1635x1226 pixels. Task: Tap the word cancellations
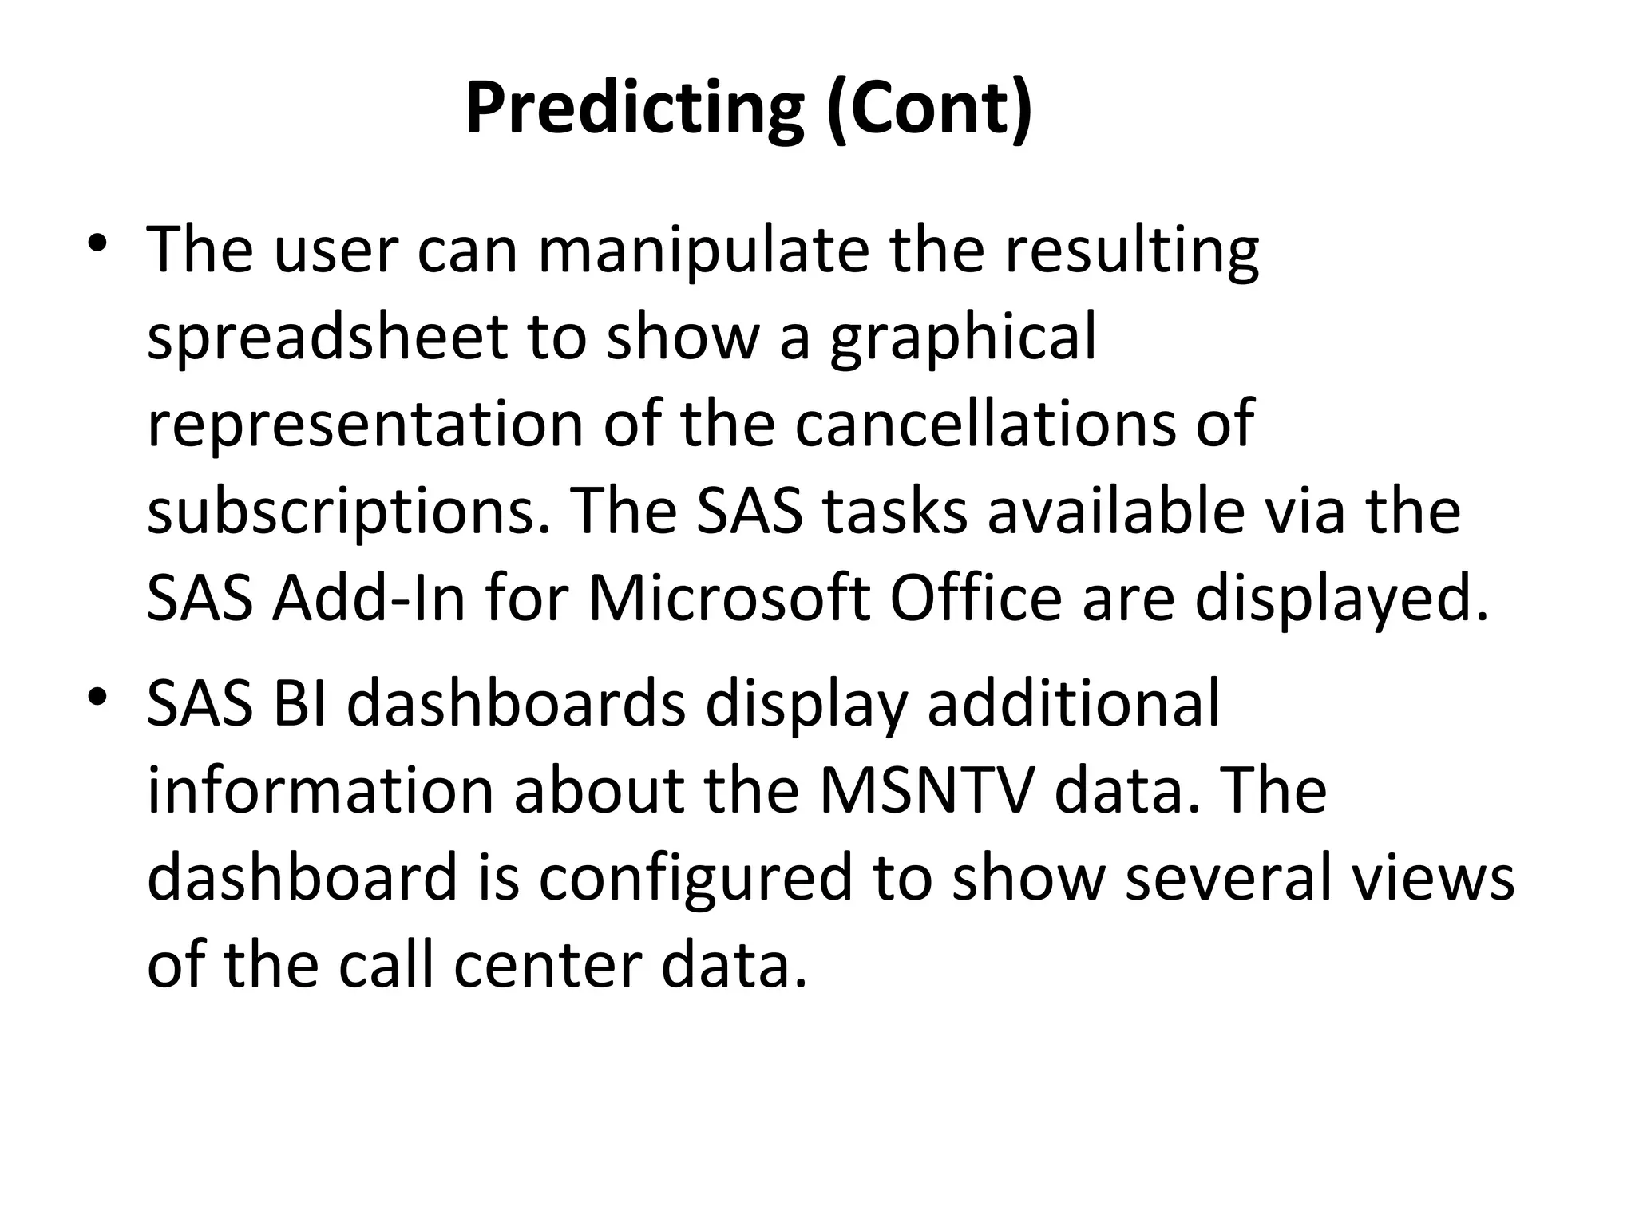pyautogui.click(x=985, y=423)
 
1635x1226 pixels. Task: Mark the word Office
pyautogui.click(x=976, y=599)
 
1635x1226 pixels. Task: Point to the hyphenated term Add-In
pyautogui.click(x=368, y=599)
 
